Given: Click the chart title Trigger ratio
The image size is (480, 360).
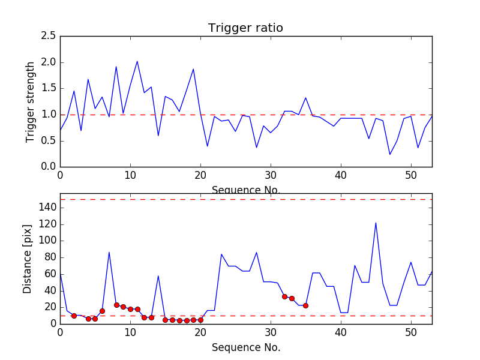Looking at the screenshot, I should click(245, 28).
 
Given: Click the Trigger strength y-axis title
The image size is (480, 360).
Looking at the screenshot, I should click(31, 101).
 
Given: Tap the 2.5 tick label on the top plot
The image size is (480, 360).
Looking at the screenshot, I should click(49, 36).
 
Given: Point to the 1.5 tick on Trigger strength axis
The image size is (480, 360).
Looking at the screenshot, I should click(49, 88).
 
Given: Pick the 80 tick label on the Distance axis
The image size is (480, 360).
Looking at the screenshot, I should click(49, 257).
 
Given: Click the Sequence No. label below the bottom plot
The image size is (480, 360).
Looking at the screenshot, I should click(245, 347).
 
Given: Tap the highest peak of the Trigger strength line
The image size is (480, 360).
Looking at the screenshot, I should click(137, 61).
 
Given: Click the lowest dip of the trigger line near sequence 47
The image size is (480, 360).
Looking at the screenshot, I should click(390, 154).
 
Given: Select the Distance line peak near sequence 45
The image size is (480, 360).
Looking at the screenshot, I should click(376, 223).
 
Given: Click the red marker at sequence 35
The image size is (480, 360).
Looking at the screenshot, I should click(305, 305).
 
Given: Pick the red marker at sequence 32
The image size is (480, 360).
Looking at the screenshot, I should click(284, 296).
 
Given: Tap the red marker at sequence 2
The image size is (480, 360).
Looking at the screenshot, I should click(74, 316).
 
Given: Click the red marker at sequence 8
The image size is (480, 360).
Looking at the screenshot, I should click(116, 305).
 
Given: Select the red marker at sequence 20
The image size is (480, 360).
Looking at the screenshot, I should click(200, 320).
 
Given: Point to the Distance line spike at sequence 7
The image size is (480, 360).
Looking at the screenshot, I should click(109, 252).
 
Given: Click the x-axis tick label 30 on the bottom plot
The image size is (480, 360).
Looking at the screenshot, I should click(271, 334).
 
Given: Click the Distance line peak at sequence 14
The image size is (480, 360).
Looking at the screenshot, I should click(158, 276).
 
